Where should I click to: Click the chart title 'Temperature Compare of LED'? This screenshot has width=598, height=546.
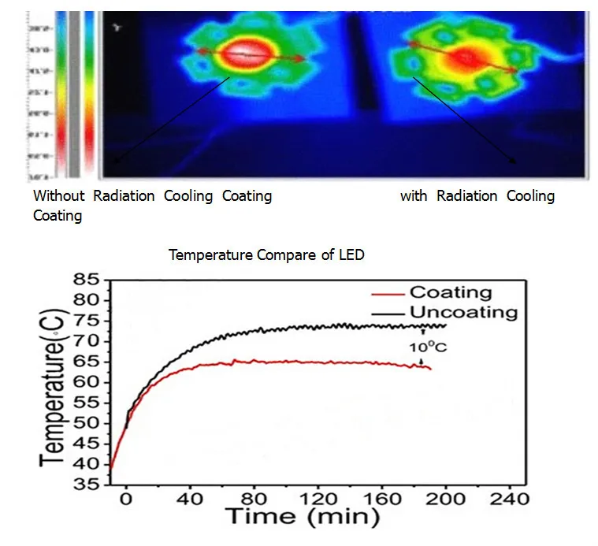point(266,255)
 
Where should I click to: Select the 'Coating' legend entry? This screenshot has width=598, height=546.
point(452,292)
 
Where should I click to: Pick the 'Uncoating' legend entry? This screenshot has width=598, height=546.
point(463,312)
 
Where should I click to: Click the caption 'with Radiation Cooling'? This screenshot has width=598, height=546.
point(477,196)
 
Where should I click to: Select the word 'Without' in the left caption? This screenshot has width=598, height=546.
point(58,196)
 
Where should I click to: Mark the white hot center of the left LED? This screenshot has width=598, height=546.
point(247,54)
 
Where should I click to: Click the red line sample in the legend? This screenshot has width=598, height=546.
point(388,293)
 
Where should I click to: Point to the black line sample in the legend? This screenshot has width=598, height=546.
point(388,313)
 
